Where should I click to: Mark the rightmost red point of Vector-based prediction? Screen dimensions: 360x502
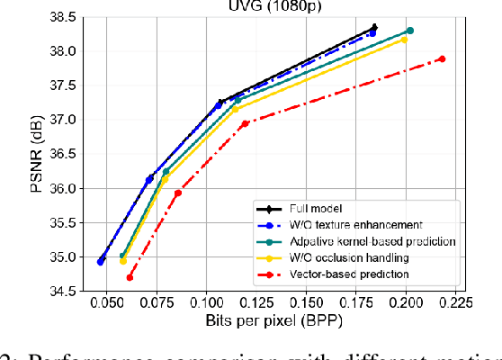tap(442, 59)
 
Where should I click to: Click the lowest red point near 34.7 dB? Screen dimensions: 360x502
tap(130, 278)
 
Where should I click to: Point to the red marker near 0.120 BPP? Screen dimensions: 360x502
tap(245, 123)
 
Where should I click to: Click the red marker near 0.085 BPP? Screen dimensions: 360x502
tap(178, 193)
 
